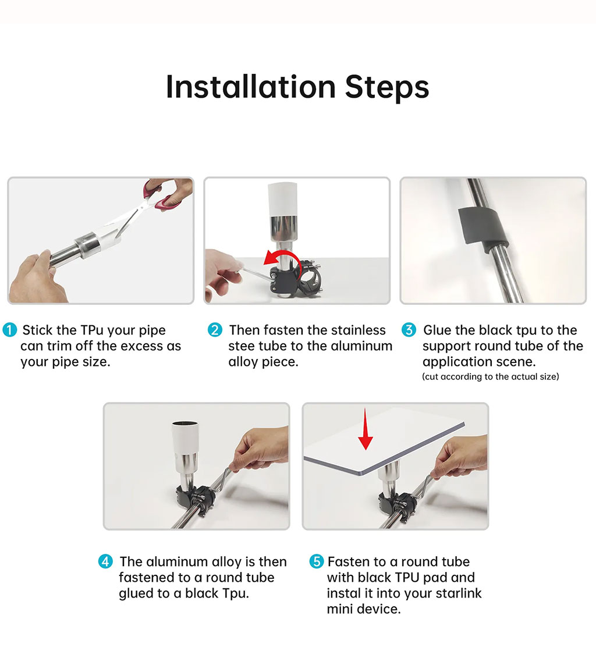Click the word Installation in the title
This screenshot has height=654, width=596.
click(251, 87)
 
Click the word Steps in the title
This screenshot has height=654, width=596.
click(387, 88)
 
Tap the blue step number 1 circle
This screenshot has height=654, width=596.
click(9, 330)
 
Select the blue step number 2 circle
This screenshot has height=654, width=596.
click(215, 330)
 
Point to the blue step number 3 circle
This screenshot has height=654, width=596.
click(409, 330)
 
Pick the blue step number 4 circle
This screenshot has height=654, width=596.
click(105, 561)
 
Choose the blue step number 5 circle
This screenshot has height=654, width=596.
click(317, 561)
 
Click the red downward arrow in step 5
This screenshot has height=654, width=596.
click(366, 429)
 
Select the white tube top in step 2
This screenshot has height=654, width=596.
click(282, 199)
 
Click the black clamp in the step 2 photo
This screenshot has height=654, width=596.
click(295, 279)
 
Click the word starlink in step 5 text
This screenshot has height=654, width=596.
click(453, 593)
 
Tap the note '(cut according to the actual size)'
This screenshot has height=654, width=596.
click(491, 376)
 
